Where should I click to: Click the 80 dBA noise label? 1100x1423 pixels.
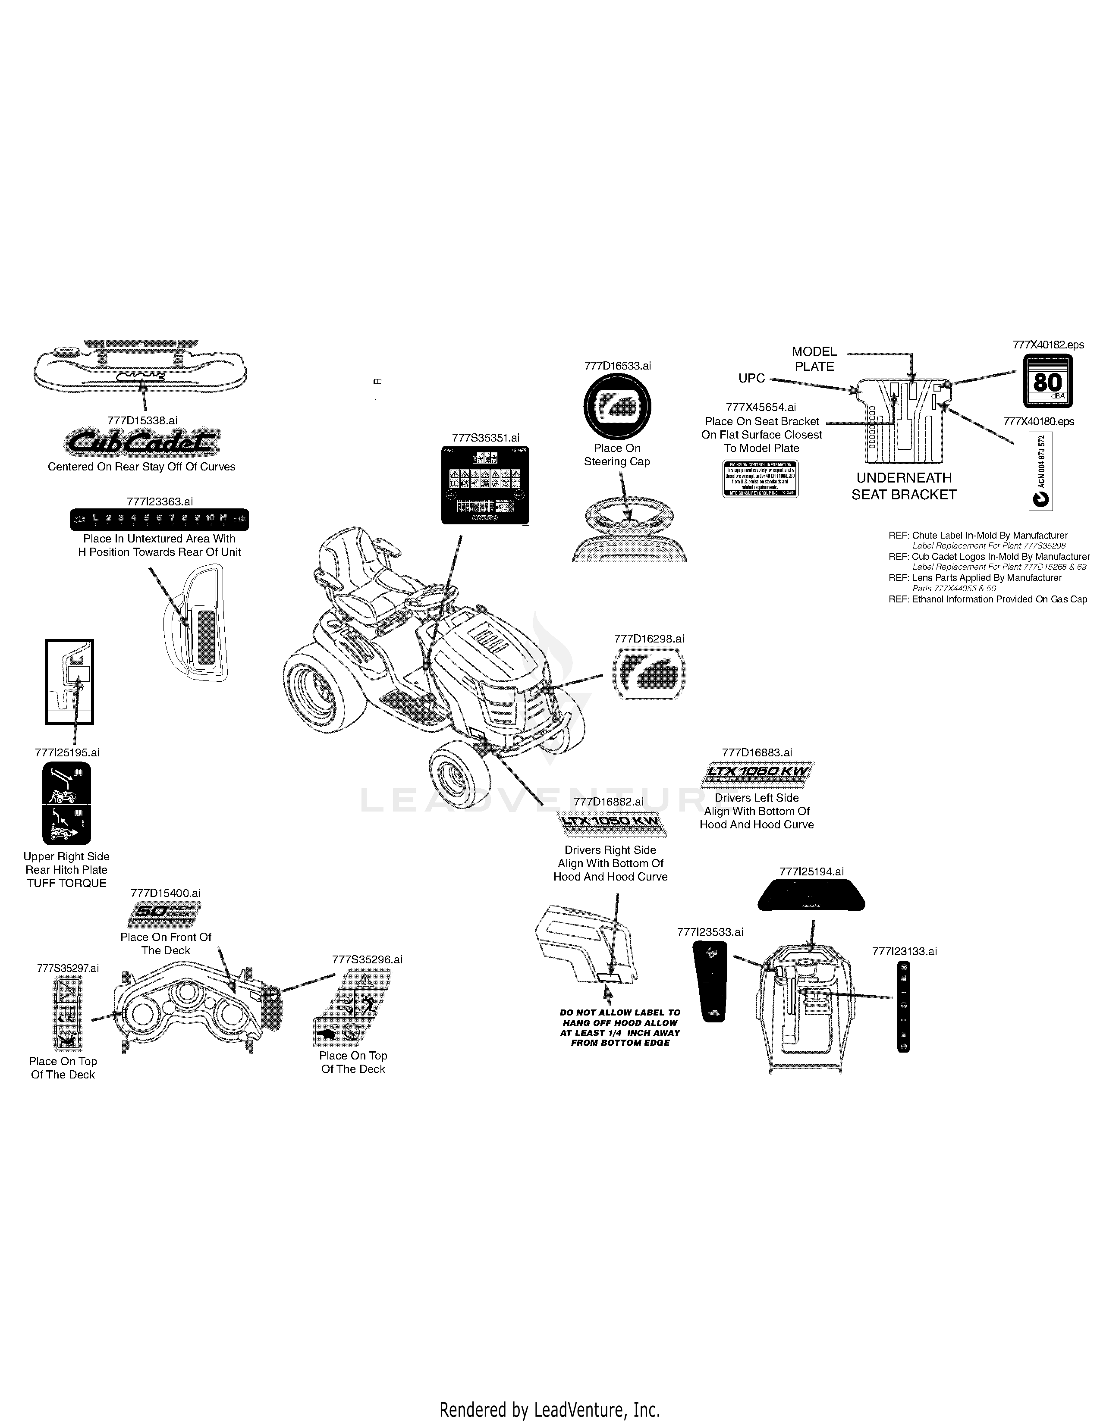[1047, 381]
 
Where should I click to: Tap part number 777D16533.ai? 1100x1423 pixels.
[617, 366]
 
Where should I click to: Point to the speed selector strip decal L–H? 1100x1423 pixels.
[159, 519]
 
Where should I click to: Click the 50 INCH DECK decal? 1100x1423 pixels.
[163, 914]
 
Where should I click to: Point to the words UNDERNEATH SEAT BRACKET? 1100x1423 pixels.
[904, 486]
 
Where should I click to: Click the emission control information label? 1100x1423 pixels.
[761, 479]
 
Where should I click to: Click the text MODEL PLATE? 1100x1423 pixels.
[814, 359]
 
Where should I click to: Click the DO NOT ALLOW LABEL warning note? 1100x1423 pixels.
[620, 1028]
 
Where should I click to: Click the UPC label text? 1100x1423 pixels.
[751, 379]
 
